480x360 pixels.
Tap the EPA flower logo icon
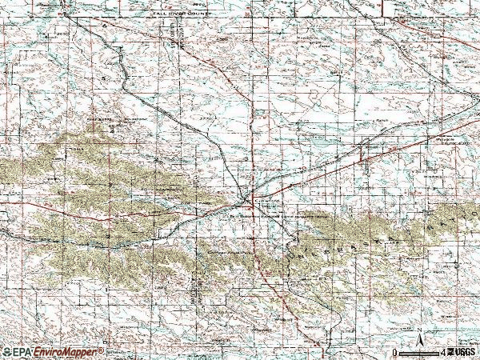(6, 352)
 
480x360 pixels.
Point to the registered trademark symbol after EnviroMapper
(102, 350)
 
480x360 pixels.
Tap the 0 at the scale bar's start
(394, 352)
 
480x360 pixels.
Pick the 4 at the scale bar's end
(442, 352)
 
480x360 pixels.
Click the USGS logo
(462, 352)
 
